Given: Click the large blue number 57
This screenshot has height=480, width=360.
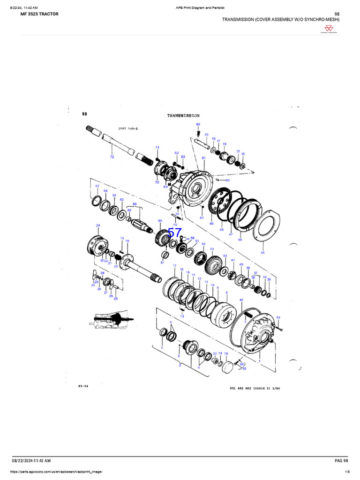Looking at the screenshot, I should (174, 233).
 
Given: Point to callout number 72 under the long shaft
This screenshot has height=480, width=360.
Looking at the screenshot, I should (112, 157).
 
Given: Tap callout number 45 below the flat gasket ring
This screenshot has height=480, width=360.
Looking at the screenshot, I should (262, 253).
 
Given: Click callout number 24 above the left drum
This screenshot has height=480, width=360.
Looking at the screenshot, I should (98, 225).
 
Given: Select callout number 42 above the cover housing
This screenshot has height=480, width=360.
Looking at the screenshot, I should (241, 300).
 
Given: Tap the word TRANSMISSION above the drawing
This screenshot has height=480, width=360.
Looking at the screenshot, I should (183, 115).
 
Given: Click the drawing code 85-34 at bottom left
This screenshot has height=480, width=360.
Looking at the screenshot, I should (83, 387).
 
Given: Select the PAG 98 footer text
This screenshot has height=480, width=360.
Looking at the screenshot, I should (341, 462).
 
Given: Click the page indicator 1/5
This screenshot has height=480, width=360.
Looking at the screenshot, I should (347, 472).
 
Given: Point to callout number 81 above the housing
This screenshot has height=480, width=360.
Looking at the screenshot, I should (203, 158).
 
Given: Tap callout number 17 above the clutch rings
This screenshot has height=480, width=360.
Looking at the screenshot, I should (174, 266).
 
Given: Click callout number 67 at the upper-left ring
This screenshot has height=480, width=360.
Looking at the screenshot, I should (97, 186).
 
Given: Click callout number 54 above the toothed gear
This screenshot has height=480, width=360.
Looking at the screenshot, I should (212, 249).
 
